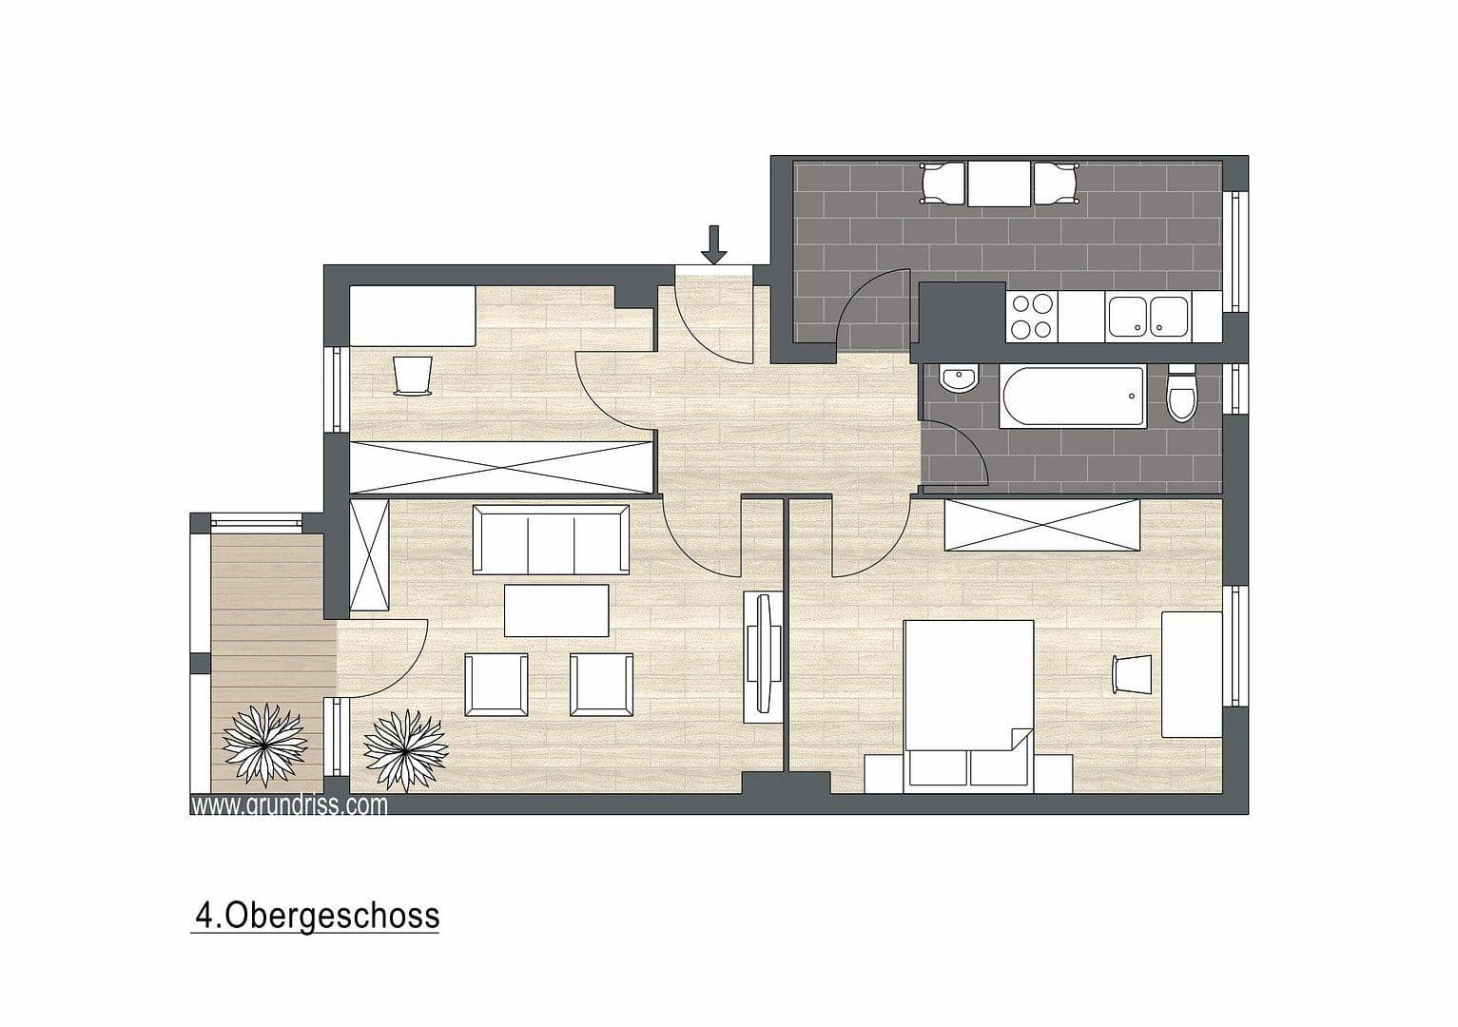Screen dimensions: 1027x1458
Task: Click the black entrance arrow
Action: click(x=714, y=244)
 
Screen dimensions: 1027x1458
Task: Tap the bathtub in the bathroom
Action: click(x=1071, y=395)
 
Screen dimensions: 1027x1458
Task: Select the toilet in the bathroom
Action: click(x=1181, y=395)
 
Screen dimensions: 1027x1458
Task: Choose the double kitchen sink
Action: click(x=1146, y=317)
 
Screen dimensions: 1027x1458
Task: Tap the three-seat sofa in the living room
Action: click(x=551, y=540)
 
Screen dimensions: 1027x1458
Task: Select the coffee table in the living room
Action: click(x=556, y=610)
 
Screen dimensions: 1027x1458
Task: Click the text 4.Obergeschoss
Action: click(x=317, y=915)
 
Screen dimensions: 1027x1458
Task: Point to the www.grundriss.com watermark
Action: click(x=289, y=805)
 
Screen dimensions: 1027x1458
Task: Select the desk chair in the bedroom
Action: click(x=1130, y=674)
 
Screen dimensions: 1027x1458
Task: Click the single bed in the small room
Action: click(x=413, y=316)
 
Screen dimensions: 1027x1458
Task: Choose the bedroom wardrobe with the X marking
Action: click(x=1040, y=526)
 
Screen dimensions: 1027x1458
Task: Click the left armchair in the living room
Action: click(x=496, y=685)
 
